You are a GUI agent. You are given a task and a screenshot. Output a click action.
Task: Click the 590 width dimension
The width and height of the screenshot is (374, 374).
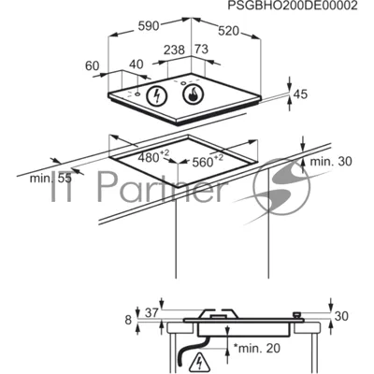pos(149,26)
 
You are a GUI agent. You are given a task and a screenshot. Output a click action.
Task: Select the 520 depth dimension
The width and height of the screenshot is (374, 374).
pos(228,31)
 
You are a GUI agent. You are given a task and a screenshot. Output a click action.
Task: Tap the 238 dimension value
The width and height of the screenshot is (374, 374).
pos(175,50)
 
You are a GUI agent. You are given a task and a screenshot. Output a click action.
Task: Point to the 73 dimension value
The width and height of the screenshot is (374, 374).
pos(201,49)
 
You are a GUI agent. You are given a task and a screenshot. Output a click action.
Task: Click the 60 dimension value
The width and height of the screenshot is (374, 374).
pos(93,65)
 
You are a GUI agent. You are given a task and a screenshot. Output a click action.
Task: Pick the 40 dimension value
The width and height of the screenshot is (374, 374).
pos(137,65)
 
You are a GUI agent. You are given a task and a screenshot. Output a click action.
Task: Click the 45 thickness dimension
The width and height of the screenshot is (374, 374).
pos(300,94)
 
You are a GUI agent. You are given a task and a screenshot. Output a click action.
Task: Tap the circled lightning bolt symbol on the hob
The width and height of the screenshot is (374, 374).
pos(157,95)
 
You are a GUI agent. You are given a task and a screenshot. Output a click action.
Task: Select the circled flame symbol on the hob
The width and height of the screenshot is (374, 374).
pos(193,94)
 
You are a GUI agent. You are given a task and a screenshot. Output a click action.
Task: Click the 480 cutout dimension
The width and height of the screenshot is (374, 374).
pos(153,156)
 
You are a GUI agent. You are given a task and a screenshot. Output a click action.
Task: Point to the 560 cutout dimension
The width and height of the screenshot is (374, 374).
pos(208,161)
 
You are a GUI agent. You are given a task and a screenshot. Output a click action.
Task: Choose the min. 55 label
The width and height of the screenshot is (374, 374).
pos(50,179)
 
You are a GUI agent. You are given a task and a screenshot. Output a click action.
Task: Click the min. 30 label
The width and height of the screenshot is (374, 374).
pos(331,162)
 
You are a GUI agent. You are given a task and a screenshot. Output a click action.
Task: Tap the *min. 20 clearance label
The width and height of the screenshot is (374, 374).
pos(257,348)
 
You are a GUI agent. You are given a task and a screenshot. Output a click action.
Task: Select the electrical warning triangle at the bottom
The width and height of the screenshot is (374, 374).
pos(198,362)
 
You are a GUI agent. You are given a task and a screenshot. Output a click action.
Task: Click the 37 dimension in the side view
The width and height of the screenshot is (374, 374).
pos(152,312)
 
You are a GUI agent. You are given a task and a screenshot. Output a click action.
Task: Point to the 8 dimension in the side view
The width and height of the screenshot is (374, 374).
pos(128,320)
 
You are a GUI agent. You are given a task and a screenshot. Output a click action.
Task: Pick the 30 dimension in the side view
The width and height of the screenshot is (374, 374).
pos(341,316)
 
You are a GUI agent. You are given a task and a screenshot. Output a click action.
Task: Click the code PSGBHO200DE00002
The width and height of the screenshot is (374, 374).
pos(293,6)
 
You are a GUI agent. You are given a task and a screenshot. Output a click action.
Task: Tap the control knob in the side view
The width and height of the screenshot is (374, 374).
pos(297,314)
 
